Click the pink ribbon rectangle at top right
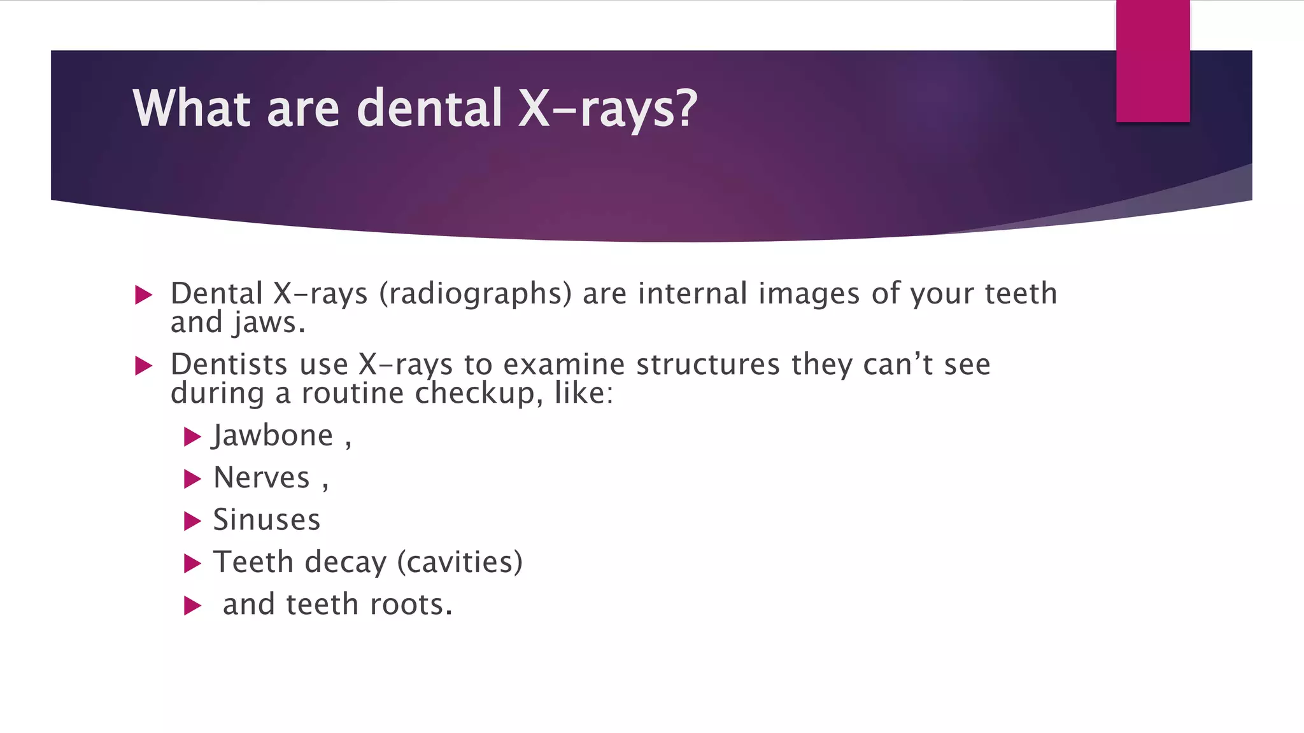point(1152,61)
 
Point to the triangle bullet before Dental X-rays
point(144,295)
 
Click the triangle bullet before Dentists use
point(144,366)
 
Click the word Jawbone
point(273,436)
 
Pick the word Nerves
point(262,478)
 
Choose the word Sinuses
point(266,520)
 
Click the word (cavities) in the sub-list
point(460,562)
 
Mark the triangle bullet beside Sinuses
point(192,521)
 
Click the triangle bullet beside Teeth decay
point(192,563)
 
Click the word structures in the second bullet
point(708,365)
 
